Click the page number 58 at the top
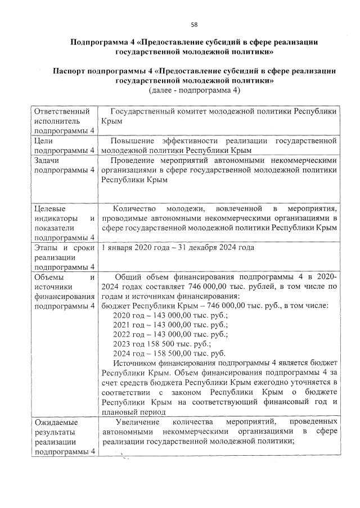point(194,24)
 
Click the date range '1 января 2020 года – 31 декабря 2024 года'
point(183,248)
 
